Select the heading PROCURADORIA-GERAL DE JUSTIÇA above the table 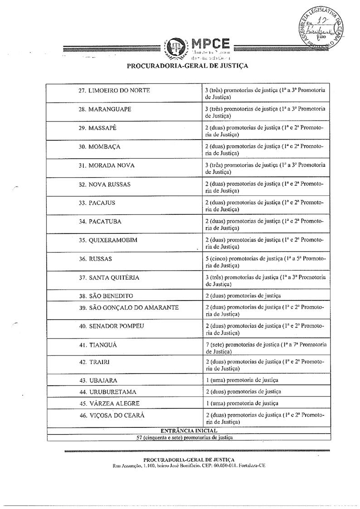pyautogui.click(x=187, y=66)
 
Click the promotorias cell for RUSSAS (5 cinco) pyautogui.click(x=265, y=262)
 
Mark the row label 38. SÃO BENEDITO pyautogui.click(x=106, y=296)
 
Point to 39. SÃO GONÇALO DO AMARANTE pyautogui.click(x=128, y=307)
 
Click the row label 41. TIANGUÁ pyautogui.click(x=97, y=345)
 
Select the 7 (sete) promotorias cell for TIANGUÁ pyautogui.click(x=265, y=348)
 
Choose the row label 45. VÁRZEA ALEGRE pyautogui.click(x=109, y=403)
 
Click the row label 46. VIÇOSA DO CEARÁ pyautogui.click(x=112, y=415)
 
